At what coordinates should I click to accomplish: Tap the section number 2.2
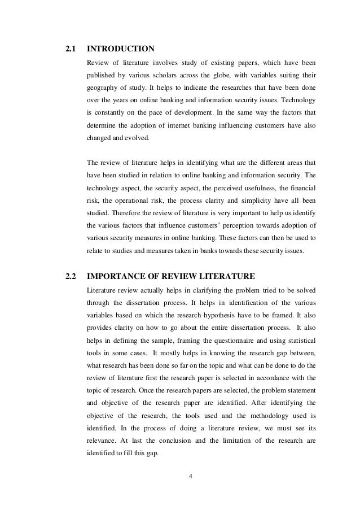click(x=71, y=276)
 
